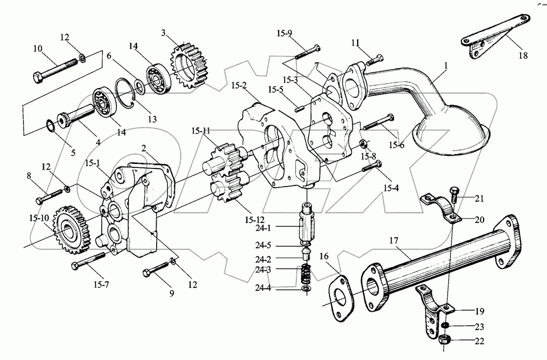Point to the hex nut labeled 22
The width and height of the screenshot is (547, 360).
pyautogui.click(x=445, y=339)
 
